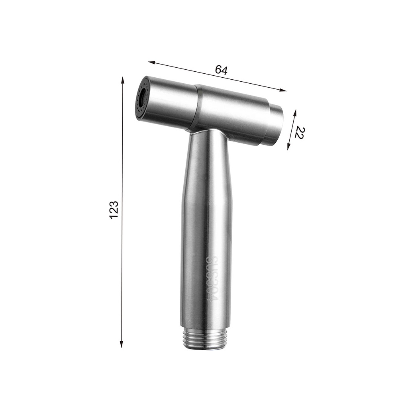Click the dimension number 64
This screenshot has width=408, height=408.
[x=221, y=70]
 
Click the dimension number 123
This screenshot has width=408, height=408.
[x=114, y=210]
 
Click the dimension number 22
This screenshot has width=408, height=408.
[x=300, y=133]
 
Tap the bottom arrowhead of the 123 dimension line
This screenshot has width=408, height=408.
[x=121, y=344]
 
